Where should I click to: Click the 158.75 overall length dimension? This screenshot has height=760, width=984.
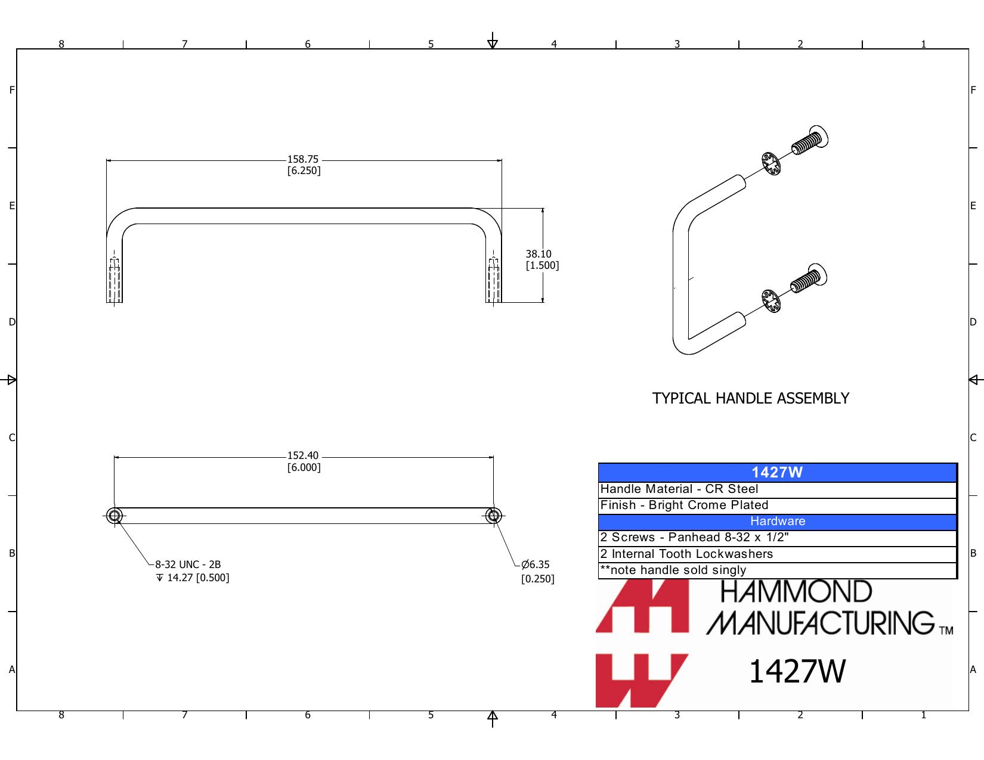click(x=304, y=165)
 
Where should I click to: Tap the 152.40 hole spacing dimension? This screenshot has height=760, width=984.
click(x=304, y=461)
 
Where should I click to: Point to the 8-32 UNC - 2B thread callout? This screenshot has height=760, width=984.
click(x=188, y=564)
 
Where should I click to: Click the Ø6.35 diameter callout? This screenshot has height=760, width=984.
click(x=537, y=571)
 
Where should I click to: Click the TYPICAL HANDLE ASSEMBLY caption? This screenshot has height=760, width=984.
click(x=750, y=398)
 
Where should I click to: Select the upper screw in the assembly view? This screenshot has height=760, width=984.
click(x=810, y=141)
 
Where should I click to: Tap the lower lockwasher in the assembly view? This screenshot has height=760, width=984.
click(x=771, y=301)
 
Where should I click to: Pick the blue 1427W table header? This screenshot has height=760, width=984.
click(x=777, y=473)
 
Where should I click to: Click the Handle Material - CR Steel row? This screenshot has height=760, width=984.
click(x=777, y=490)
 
